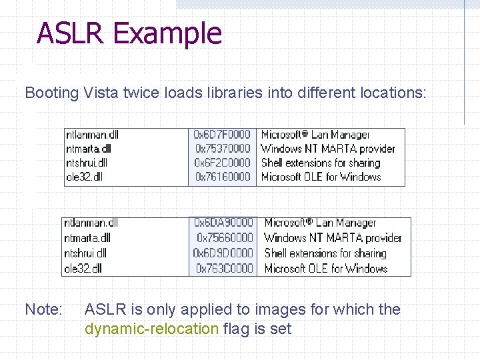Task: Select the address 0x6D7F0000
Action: click(222, 135)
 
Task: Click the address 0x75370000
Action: click(223, 149)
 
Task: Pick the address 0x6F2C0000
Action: click(222, 163)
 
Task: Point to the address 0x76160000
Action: click(223, 177)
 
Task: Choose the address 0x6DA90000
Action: click(223, 223)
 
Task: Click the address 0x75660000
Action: click(225, 237)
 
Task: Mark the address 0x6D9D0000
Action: click(223, 253)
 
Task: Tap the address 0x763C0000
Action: click(225, 268)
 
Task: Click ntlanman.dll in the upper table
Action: click(92, 135)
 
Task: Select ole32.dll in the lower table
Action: click(83, 268)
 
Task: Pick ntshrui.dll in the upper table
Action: click(87, 163)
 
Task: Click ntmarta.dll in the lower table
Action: click(87, 237)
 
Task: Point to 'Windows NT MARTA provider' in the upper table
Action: click(328, 149)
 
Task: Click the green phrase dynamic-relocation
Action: click(151, 329)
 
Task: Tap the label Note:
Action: click(43, 309)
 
